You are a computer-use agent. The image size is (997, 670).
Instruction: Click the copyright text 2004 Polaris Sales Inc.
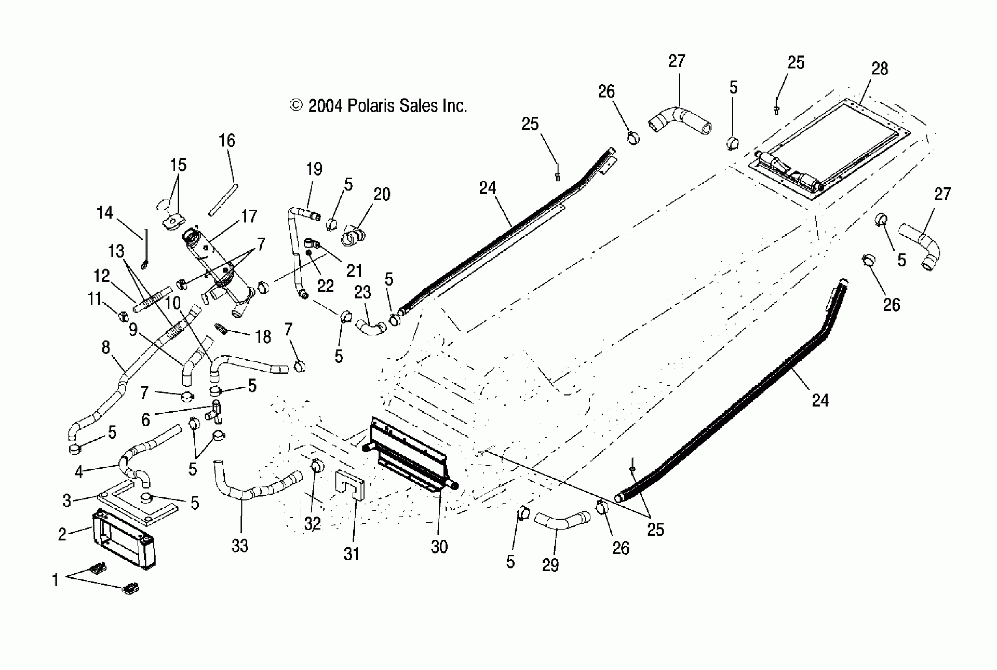[x=378, y=106]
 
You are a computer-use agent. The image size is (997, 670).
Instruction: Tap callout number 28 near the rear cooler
[x=880, y=69]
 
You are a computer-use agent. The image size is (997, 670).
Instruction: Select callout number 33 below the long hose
[x=240, y=546]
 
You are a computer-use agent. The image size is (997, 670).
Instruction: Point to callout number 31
[x=352, y=554]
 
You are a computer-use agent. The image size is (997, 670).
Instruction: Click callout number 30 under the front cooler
[x=439, y=547]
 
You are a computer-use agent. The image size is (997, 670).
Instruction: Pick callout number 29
[x=550, y=565]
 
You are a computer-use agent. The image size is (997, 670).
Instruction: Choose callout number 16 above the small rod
[x=227, y=141]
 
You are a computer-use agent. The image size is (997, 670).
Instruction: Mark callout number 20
[x=381, y=194]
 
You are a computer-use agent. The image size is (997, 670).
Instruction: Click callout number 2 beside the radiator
[x=62, y=534]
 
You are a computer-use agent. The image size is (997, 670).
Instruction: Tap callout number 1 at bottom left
[x=55, y=580]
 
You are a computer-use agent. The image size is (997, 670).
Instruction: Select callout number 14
[x=105, y=213]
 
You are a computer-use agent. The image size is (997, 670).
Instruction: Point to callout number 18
[x=263, y=337]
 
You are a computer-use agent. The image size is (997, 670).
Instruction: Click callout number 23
[x=362, y=292]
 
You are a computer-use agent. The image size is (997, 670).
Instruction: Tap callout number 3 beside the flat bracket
[x=67, y=501]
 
